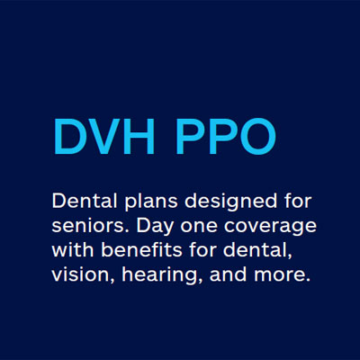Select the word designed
tap(212, 200)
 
